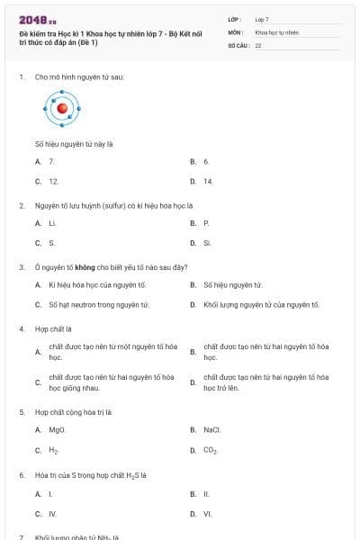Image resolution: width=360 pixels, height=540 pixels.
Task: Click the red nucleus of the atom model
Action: coord(62,109)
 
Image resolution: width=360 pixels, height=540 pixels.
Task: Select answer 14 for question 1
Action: coord(208,181)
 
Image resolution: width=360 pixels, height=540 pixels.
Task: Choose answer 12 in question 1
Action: coord(53,181)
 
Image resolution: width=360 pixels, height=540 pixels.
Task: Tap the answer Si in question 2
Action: coord(207,242)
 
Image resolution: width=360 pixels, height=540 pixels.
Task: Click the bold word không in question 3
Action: coord(86,266)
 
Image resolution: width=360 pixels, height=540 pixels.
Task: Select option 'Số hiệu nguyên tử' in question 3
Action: coord(233,285)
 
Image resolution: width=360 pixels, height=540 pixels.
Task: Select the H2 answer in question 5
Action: coord(54,450)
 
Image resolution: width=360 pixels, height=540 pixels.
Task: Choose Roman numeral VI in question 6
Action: coord(207,514)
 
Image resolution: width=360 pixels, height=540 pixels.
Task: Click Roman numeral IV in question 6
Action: coord(52,514)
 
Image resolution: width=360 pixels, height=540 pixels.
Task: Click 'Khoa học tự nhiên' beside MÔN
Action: coord(276,31)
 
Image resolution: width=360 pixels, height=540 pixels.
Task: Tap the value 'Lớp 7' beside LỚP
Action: coord(262,19)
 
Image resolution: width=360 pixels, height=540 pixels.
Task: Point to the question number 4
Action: coord(22,328)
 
